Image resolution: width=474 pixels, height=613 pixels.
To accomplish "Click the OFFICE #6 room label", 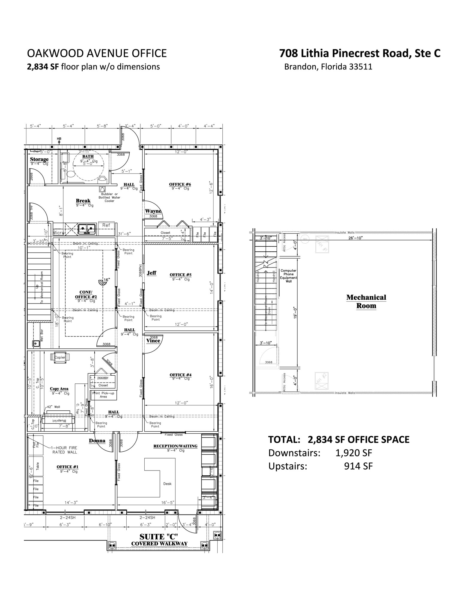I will click(x=180, y=184).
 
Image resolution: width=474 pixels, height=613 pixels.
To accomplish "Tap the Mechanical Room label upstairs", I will click(x=366, y=301).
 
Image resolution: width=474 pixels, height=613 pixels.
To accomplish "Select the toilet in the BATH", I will click(x=70, y=174).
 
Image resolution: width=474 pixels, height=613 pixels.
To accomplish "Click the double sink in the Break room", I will click(x=87, y=229).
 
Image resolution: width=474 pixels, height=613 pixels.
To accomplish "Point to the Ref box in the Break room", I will click(x=106, y=225).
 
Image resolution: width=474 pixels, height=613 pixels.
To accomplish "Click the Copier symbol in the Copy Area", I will click(x=60, y=357).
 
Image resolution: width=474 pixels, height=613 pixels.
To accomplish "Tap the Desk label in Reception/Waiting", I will click(x=167, y=484).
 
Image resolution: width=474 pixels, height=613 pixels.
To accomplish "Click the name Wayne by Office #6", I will click(x=153, y=211).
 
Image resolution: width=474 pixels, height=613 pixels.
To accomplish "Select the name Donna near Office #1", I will click(x=97, y=441).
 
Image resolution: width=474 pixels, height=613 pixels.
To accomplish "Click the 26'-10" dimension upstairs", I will click(x=355, y=238).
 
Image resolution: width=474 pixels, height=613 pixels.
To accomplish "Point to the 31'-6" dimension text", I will click(x=124, y=234).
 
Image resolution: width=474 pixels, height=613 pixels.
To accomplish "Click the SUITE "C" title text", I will click(x=159, y=537).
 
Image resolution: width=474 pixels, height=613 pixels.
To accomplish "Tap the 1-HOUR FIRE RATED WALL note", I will click(x=64, y=450).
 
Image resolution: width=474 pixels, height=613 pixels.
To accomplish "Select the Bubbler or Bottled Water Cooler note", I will click(x=109, y=198).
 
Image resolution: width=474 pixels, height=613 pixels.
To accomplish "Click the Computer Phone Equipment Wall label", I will click(x=288, y=276).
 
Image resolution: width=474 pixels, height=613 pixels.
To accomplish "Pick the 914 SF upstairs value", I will click(x=358, y=466).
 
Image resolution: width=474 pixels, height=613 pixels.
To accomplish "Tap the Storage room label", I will click(x=39, y=159).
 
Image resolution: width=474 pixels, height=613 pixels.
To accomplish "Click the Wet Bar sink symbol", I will click(x=36, y=344).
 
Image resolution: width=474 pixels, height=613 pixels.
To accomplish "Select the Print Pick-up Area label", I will click(x=103, y=395).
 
